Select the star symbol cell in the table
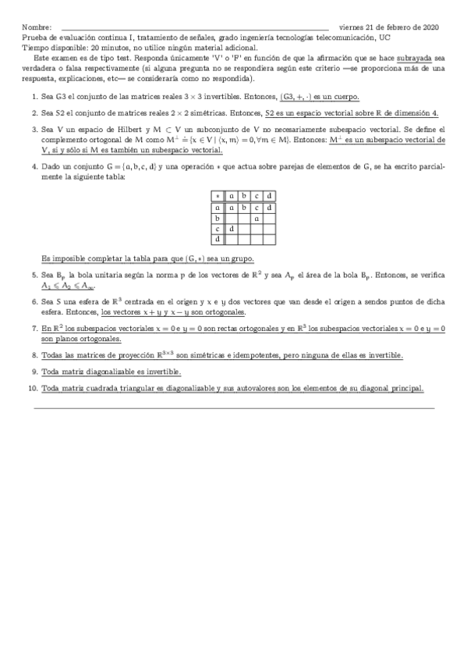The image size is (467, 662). (x=218, y=197)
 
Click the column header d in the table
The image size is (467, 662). (x=269, y=197)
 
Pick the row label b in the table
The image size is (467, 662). (x=218, y=219)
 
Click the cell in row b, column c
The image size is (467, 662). (x=256, y=219)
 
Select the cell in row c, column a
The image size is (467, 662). (x=232, y=230)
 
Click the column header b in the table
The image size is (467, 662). (x=244, y=197)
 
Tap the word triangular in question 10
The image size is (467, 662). (x=127, y=388)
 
